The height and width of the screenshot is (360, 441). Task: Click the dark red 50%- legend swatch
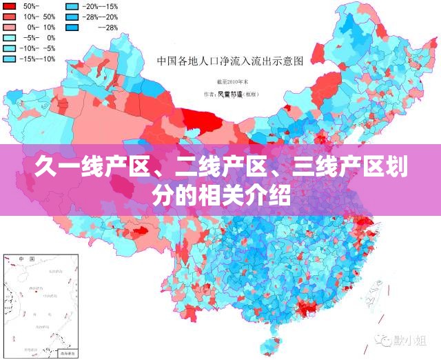point(10,6)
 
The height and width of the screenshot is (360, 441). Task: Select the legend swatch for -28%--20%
point(72,17)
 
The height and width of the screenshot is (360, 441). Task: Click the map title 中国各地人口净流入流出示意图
point(230,61)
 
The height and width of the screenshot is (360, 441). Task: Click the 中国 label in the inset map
point(27,259)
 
